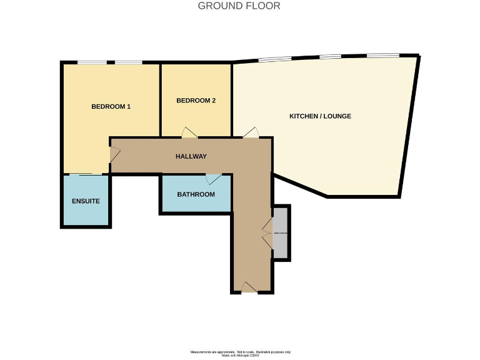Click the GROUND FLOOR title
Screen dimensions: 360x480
(x=239, y=6)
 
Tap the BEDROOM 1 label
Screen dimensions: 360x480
(x=111, y=106)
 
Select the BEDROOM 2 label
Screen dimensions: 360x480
(x=196, y=101)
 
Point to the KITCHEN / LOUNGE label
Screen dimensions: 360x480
(x=320, y=116)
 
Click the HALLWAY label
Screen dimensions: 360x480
(x=191, y=156)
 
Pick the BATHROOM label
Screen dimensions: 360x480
(x=196, y=194)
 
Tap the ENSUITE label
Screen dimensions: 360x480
(x=86, y=201)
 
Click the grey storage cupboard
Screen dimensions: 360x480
(x=281, y=232)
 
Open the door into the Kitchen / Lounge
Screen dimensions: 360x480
(x=251, y=132)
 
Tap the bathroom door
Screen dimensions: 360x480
(x=214, y=179)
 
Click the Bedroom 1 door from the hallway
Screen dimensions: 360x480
(x=114, y=154)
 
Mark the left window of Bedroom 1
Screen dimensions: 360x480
(x=91, y=62)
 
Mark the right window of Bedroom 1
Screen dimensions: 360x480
(x=128, y=62)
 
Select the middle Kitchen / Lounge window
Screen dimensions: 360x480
(x=331, y=57)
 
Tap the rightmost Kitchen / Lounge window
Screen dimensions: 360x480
(x=383, y=56)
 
